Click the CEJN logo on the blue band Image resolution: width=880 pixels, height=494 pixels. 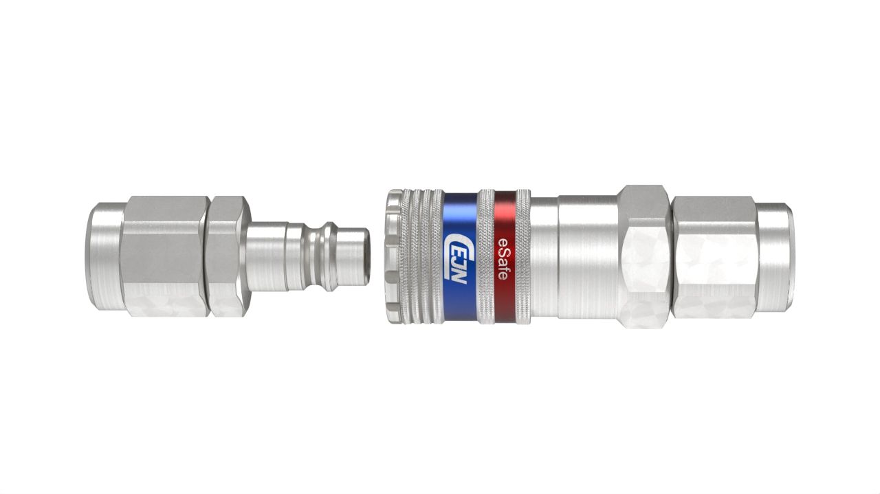pyautogui.click(x=457, y=257)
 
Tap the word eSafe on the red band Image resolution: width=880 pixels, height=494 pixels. pyautogui.click(x=502, y=257)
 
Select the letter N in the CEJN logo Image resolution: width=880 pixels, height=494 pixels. pyautogui.click(x=458, y=276)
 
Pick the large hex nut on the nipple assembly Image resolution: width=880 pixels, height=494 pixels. pyautogui.click(x=164, y=256)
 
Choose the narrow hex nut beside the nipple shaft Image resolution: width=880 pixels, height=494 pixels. pyautogui.click(x=227, y=256)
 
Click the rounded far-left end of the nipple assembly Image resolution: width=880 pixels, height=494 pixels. pyautogui.click(x=103, y=256)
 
